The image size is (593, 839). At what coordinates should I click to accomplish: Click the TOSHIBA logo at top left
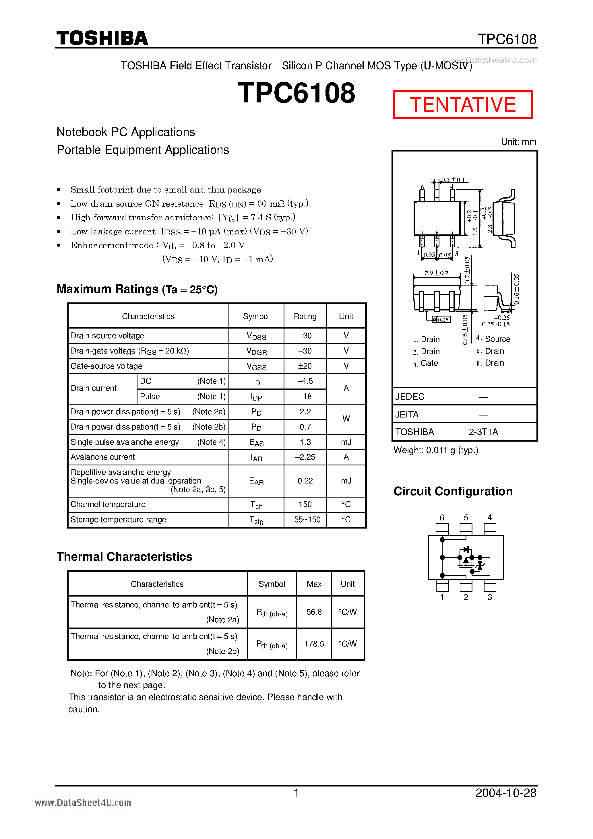[102, 38]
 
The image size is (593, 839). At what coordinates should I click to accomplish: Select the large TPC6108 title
[296, 93]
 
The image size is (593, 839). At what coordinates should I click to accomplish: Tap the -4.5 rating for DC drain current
[305, 381]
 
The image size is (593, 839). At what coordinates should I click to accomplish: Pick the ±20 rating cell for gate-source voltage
[305, 366]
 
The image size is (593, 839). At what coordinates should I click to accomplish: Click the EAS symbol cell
[256, 442]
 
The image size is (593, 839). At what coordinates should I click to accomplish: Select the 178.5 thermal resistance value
[314, 644]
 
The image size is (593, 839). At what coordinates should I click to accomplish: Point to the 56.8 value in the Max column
[314, 612]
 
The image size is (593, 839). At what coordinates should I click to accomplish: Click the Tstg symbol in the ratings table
[256, 520]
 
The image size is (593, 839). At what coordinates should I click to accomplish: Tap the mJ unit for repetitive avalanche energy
[346, 481]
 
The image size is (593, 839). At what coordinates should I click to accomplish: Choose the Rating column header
[305, 316]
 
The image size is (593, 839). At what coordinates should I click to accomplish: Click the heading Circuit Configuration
[453, 492]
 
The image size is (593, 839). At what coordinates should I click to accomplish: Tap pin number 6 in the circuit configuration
[442, 517]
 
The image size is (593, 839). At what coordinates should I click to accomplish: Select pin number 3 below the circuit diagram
[490, 597]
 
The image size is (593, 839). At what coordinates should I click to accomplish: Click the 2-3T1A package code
[483, 432]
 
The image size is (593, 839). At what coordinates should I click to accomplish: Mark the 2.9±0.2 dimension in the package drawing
[436, 273]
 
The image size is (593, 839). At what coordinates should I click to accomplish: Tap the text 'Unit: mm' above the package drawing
[518, 142]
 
